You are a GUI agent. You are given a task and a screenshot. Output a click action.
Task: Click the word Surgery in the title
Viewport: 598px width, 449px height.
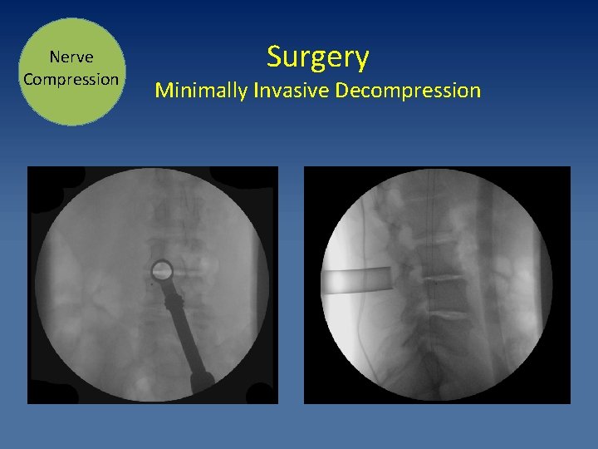[317, 58]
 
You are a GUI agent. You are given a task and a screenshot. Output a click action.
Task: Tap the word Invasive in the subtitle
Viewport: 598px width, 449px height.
[290, 90]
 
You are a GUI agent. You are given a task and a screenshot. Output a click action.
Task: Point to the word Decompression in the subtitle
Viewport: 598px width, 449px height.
[408, 90]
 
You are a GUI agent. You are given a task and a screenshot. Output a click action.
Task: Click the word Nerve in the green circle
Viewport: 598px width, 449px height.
[71, 57]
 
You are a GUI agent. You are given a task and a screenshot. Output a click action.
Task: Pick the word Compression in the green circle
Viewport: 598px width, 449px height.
[71, 80]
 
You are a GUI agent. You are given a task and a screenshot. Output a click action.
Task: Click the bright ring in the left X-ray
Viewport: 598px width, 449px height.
[161, 269]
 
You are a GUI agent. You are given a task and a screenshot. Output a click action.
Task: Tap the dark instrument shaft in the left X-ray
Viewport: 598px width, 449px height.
[187, 333]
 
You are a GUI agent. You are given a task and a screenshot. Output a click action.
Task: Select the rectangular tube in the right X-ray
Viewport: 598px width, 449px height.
[357, 281]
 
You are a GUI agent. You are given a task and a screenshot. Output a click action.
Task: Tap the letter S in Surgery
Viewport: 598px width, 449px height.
[274, 57]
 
